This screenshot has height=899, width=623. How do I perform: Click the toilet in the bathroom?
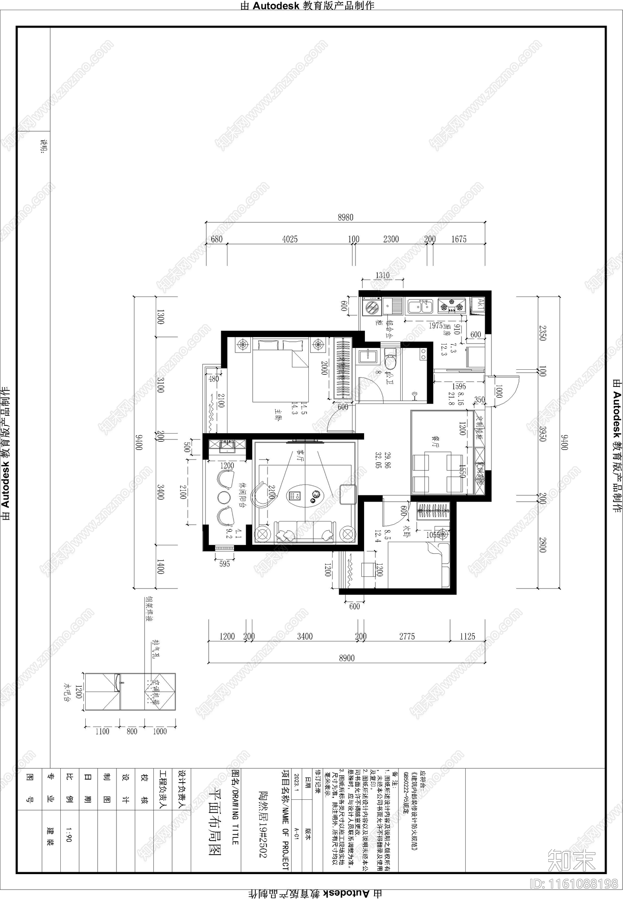click(x=390, y=359)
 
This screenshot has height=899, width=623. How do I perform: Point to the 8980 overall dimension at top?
click(x=345, y=217)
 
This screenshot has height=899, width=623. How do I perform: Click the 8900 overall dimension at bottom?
click(x=347, y=658)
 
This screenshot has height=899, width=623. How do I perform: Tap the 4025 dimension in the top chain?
click(x=290, y=239)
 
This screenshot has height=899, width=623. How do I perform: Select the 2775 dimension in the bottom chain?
click(x=407, y=636)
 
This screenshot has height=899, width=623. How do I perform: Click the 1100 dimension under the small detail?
click(x=102, y=731)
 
